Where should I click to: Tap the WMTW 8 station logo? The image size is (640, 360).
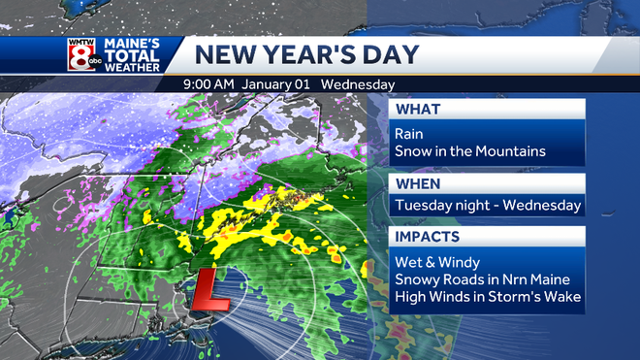80,55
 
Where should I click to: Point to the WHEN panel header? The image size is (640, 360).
418,183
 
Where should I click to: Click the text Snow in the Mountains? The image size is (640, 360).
470,150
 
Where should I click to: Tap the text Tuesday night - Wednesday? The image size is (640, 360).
488,205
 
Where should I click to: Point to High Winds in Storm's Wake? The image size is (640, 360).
488,296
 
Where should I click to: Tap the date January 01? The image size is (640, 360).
276,84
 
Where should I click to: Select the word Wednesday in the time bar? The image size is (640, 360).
358,84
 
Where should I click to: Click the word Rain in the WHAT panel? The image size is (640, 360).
410,134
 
